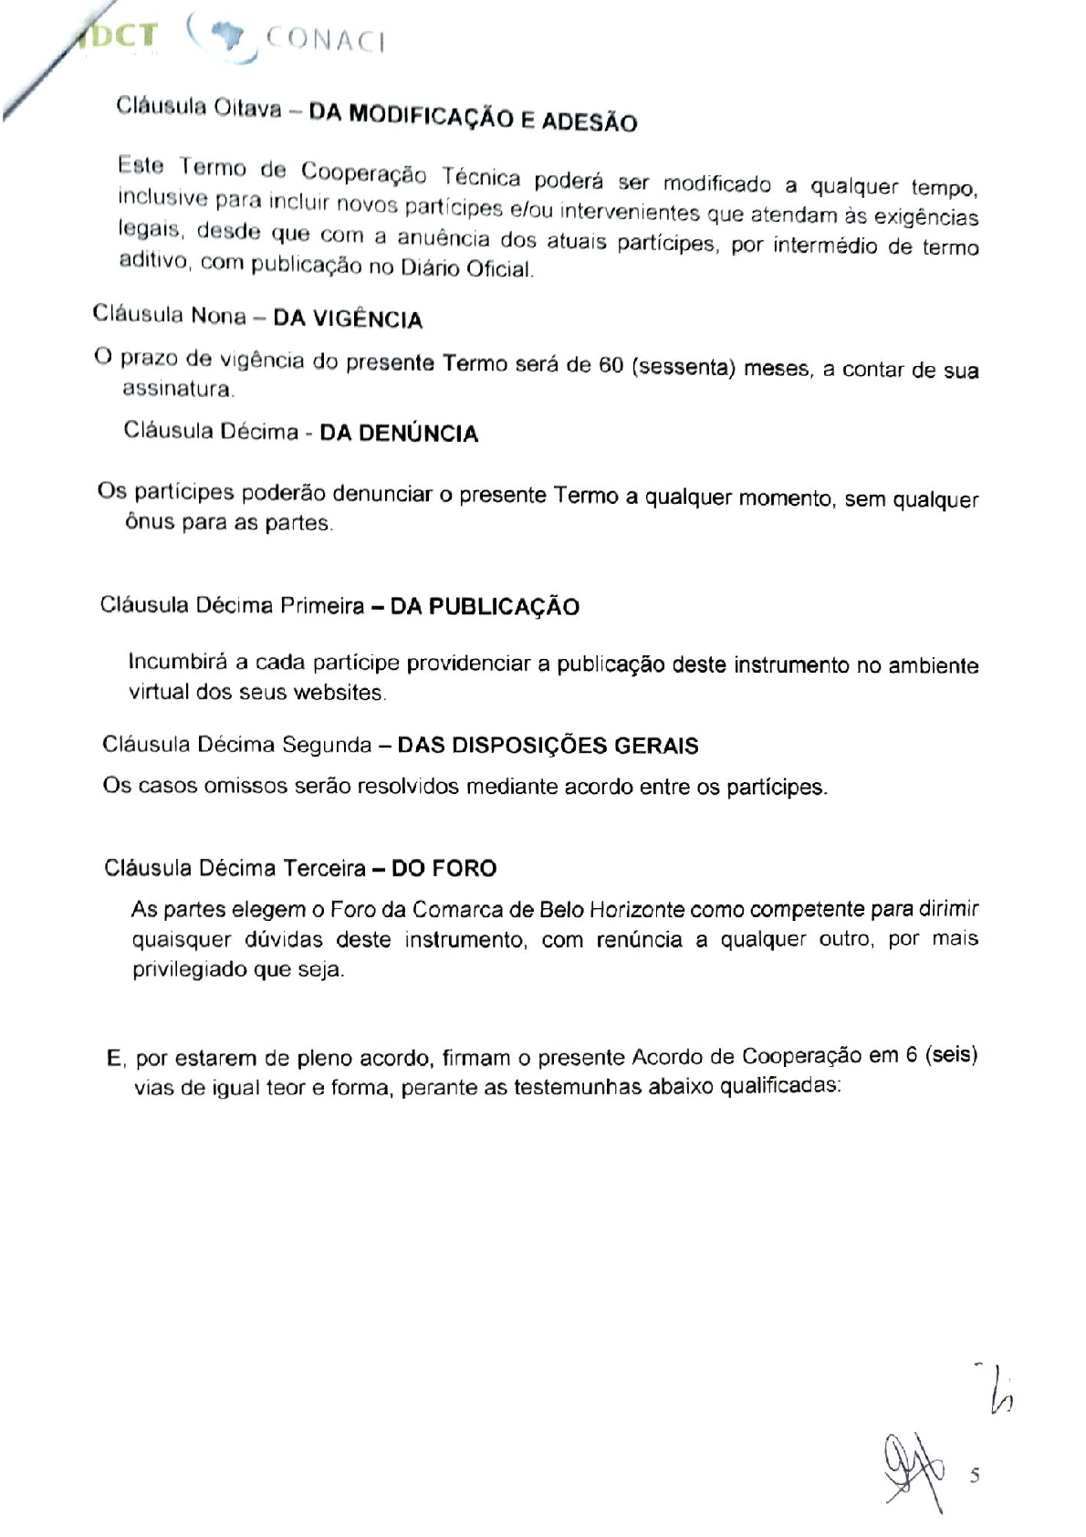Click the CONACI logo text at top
[x=324, y=41]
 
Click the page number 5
[x=975, y=1475]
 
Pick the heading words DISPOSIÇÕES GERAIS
[x=548, y=746]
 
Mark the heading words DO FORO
[x=444, y=868]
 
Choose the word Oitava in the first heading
[x=246, y=107]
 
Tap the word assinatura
[x=178, y=390]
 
